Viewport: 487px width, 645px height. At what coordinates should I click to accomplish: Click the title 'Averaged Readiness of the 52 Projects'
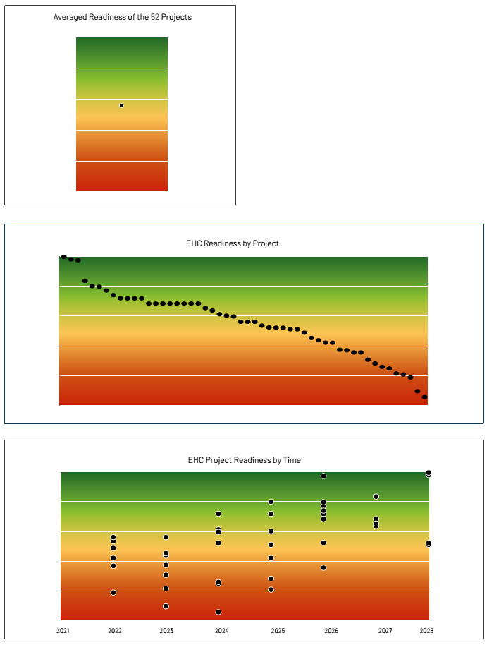tap(122, 17)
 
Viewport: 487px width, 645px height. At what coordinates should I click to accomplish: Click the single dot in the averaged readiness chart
tap(121, 105)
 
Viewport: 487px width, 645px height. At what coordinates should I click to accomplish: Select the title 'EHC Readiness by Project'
tap(233, 243)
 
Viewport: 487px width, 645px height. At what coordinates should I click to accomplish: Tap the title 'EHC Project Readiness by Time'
tap(244, 460)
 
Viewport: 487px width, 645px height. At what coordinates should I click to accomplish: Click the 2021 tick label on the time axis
tap(63, 630)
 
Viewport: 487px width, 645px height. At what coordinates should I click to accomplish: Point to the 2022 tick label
tap(115, 630)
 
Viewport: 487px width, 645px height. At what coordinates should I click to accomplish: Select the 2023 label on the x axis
tap(166, 630)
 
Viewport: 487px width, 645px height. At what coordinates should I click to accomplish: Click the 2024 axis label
tap(221, 630)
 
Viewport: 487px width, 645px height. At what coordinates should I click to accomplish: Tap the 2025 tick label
tap(278, 630)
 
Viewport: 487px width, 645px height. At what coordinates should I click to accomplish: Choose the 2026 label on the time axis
tap(331, 630)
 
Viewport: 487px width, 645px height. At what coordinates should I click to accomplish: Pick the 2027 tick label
tap(386, 630)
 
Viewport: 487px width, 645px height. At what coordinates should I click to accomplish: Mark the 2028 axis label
tap(426, 630)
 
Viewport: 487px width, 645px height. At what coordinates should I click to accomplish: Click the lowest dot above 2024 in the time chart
tap(218, 612)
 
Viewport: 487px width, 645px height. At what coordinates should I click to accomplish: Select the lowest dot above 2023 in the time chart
tap(166, 606)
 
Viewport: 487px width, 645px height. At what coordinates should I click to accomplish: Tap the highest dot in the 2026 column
tap(323, 476)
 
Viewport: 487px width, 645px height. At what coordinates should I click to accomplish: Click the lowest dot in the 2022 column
tap(113, 592)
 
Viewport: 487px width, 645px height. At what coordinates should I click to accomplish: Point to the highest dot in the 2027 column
tap(376, 496)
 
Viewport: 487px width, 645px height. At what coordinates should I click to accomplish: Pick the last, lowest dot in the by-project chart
tap(424, 397)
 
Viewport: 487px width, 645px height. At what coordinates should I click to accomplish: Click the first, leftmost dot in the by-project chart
tap(63, 257)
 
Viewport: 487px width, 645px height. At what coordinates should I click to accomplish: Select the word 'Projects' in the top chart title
tap(177, 17)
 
